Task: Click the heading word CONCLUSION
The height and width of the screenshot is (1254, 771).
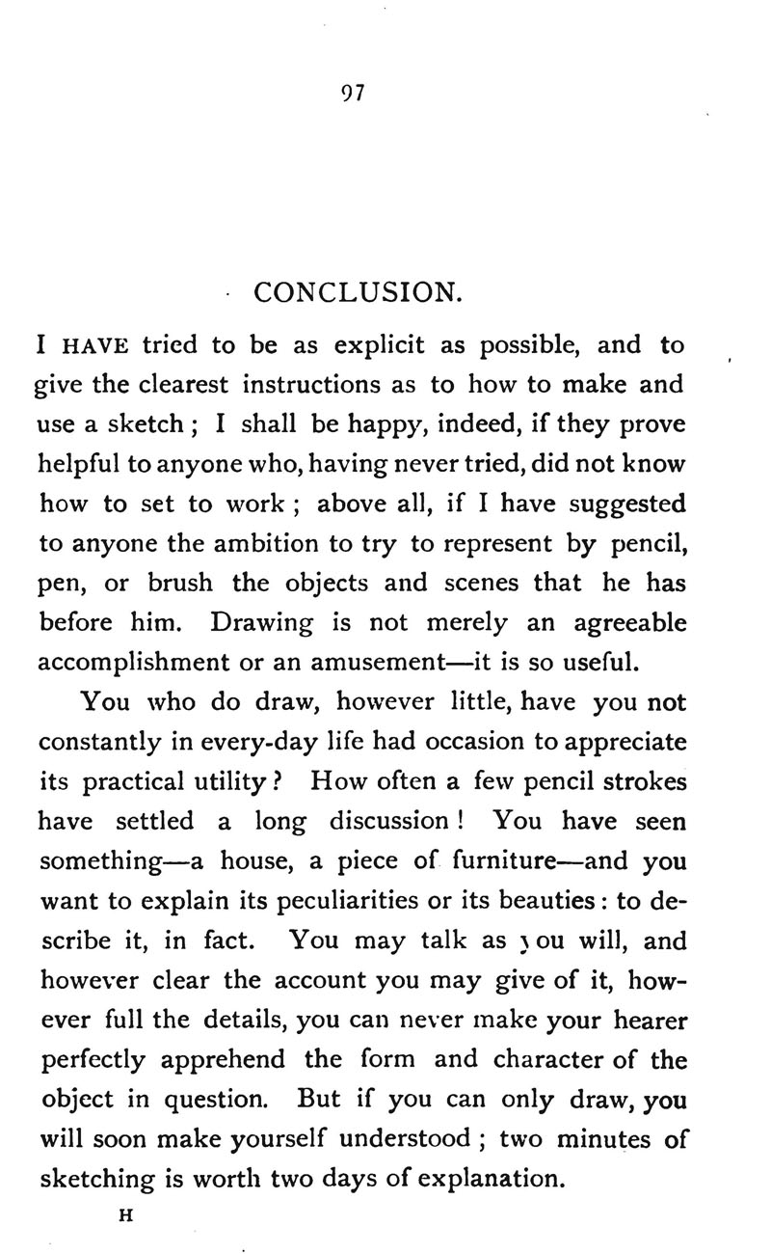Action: [353, 291]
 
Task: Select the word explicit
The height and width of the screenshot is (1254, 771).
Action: [379, 345]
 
